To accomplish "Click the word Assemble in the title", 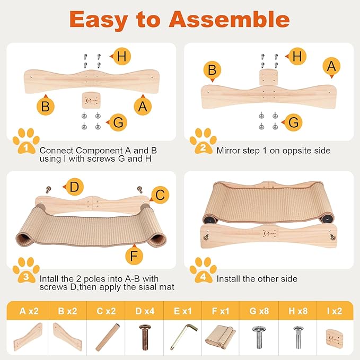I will [229, 19].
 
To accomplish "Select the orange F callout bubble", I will [135, 256].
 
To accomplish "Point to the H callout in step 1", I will [121, 56].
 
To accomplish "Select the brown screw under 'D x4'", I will [144, 337].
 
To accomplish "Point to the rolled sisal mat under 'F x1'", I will [222, 337].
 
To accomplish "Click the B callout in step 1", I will [46, 106].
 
